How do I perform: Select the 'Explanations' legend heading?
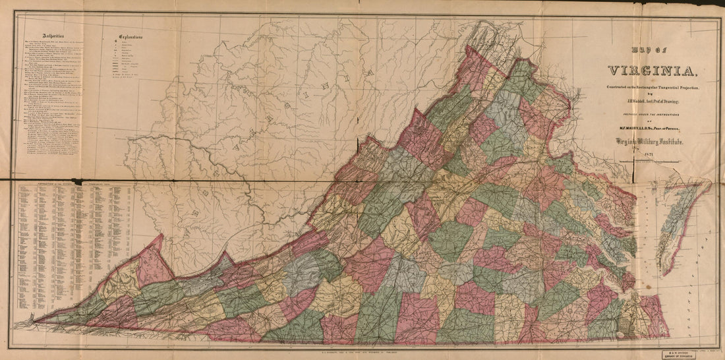point(131,38)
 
